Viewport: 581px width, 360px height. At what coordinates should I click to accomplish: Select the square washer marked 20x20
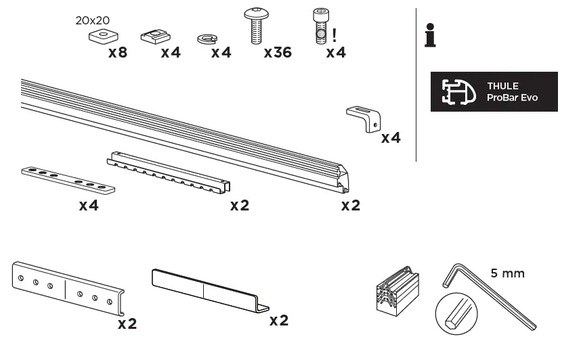(102, 37)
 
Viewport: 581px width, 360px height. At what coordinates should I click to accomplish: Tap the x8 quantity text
(118, 52)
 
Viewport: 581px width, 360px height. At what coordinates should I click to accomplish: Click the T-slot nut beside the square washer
(156, 36)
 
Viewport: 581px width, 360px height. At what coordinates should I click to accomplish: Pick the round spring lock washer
(207, 39)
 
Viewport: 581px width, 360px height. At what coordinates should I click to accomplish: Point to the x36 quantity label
(278, 52)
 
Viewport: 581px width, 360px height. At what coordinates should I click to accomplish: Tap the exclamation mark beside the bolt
(335, 31)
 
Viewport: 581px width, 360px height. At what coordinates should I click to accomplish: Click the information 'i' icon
(429, 35)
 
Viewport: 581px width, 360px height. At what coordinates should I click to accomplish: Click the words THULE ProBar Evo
(512, 92)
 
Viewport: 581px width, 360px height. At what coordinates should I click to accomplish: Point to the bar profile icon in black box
(459, 92)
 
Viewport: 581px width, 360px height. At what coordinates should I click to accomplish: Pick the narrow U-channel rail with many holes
(169, 174)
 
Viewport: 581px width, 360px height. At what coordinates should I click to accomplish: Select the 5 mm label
(508, 273)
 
